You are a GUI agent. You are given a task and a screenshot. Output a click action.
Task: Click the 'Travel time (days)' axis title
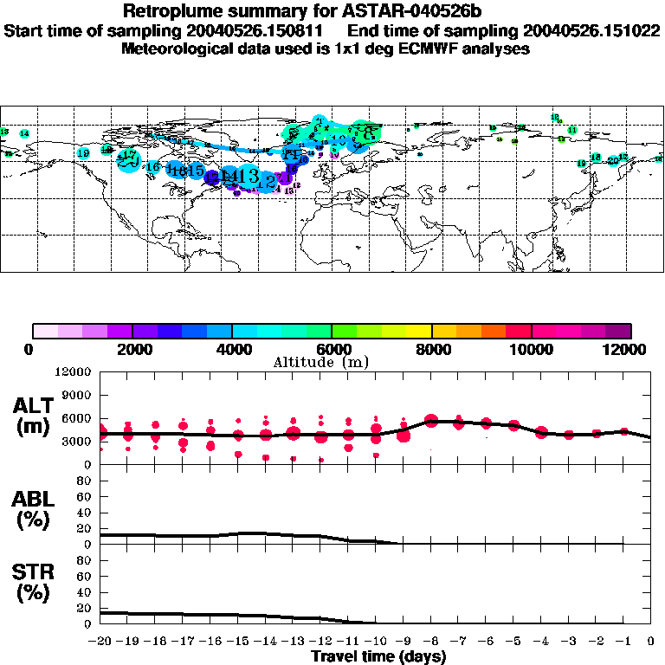coord(378,656)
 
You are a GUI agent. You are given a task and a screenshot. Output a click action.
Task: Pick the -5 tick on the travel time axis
coord(515,641)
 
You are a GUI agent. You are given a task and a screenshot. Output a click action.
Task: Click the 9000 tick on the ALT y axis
coord(77,395)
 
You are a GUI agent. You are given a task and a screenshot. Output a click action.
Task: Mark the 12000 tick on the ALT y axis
coord(74,372)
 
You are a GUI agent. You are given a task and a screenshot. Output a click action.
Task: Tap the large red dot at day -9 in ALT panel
coord(404,435)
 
